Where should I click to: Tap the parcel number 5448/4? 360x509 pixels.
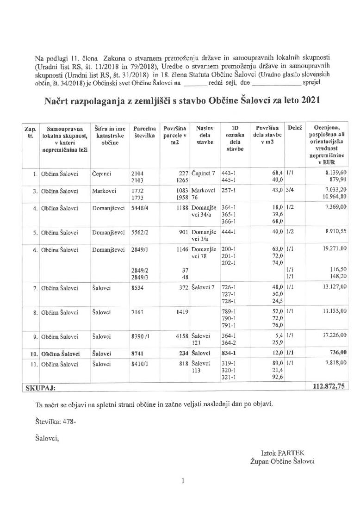pos(142,208)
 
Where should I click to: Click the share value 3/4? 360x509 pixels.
pos(291,190)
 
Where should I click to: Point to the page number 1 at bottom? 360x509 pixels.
pos(183,481)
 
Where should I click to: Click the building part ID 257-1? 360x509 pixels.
pos(230,190)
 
